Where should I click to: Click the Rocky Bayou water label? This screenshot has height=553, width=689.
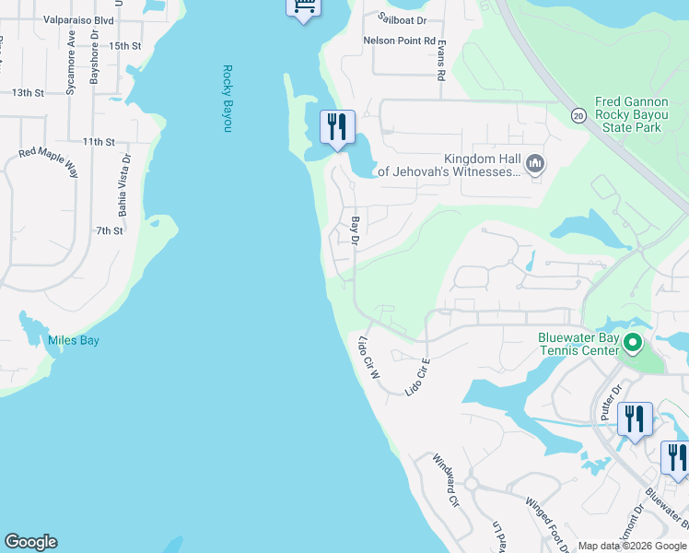227,98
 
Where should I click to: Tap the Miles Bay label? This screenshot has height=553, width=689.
74,341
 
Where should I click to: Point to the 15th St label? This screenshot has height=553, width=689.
124,45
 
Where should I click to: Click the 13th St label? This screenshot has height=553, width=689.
28,92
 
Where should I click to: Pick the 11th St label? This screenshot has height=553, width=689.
98,142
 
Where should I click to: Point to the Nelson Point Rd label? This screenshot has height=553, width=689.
399,41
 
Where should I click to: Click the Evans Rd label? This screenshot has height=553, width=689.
441,61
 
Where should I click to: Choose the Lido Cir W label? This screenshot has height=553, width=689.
368,358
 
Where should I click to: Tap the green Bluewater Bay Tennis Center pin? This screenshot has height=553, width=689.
632,344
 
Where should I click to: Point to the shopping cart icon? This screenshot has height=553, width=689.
303,6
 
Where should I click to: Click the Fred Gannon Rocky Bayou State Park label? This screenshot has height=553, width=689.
628,114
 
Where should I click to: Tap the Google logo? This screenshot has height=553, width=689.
30,542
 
